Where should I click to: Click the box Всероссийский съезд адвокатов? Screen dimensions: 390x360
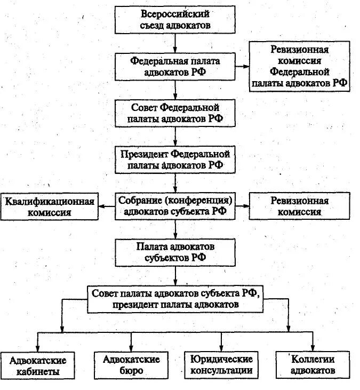click(x=175, y=19)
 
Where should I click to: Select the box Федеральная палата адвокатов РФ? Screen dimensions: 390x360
click(x=175, y=67)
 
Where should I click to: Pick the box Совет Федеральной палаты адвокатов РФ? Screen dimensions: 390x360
click(x=175, y=112)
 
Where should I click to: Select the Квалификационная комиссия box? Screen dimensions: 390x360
click(x=50, y=206)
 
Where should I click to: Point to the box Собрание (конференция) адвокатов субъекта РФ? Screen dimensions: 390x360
click(x=176, y=205)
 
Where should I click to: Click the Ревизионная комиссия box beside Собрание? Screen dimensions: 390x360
click(x=299, y=206)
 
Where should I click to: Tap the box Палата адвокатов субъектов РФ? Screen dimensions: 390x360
click(x=175, y=252)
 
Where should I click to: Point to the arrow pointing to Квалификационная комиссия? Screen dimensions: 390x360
click(x=107, y=206)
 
